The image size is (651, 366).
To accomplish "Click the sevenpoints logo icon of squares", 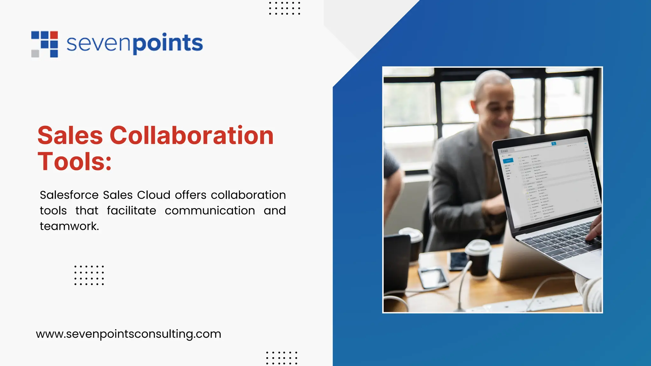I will tap(45, 44).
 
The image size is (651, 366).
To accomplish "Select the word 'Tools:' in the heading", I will tap(75, 161).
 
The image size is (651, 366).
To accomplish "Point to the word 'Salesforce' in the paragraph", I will tap(69, 195).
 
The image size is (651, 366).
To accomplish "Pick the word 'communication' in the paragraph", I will tap(210, 210).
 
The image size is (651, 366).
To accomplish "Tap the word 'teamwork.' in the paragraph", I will tap(69, 226).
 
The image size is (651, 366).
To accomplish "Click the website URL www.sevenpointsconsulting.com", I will tap(128, 334).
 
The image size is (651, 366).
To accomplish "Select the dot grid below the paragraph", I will tap(89, 275).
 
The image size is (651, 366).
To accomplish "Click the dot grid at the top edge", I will tap(284, 8).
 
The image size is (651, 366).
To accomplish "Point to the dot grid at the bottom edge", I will tap(282, 358).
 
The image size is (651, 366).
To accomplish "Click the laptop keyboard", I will tap(559, 241).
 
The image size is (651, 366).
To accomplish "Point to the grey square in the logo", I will tap(35, 53).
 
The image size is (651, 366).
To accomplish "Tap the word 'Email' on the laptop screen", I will tap(504, 151).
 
